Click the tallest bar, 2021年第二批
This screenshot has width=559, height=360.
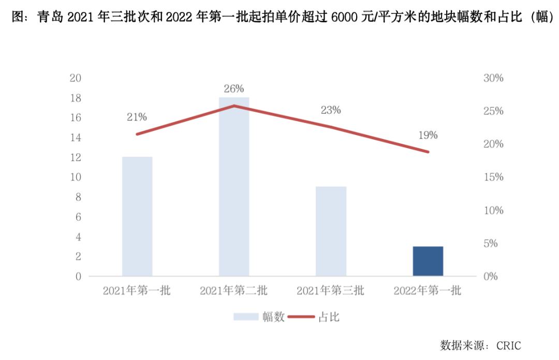pos(234,186)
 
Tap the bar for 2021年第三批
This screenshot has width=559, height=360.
pos(331,231)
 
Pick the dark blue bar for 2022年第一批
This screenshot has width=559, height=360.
pos(428,261)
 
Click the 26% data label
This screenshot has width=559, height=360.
pos(234,88)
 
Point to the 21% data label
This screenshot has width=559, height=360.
pos(137,117)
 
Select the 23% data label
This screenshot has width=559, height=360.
pos(331,110)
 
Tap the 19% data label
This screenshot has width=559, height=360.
pos(428,135)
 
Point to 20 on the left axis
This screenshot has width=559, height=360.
pos(76,78)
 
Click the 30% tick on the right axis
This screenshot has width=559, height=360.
pos(493,78)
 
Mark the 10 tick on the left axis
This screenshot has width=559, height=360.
pos(76,177)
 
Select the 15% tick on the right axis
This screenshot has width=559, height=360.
pos(493,177)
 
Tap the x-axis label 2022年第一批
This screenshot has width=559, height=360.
pos(428,291)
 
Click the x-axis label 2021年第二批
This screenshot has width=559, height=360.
pos(234,291)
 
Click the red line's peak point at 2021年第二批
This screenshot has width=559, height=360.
pos(234,106)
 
